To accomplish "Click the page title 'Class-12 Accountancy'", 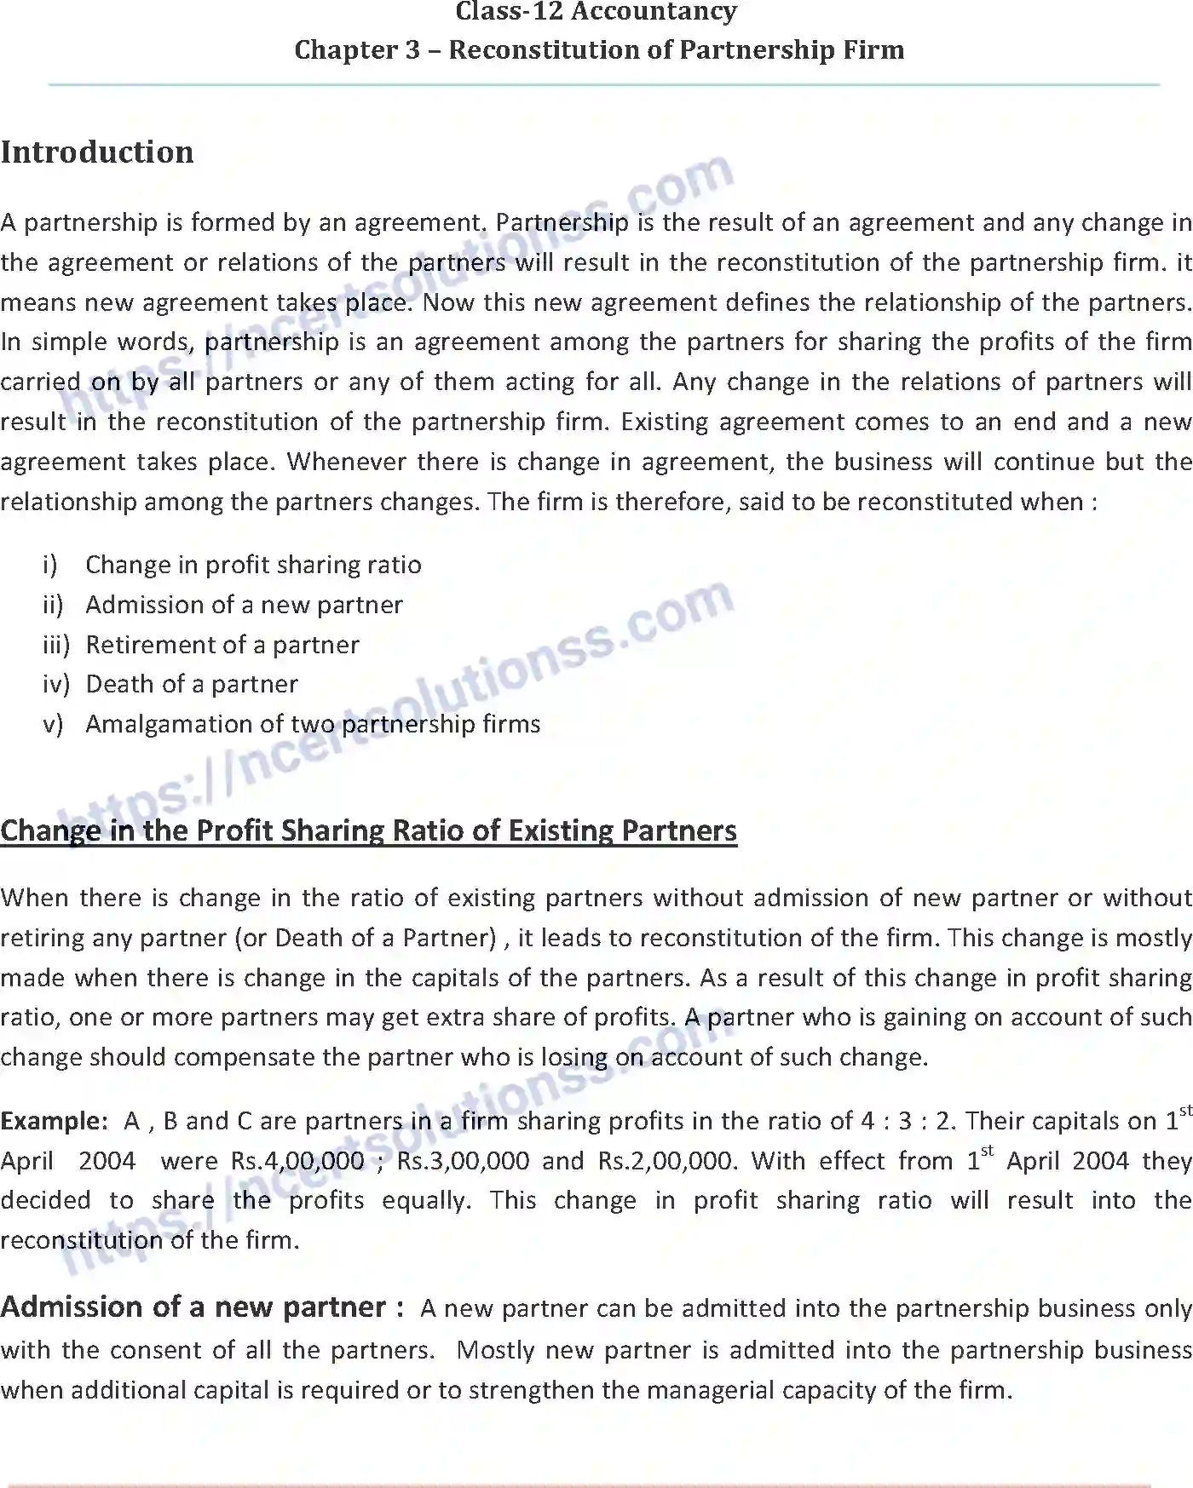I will pos(596,12).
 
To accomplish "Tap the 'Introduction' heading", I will pos(97,152).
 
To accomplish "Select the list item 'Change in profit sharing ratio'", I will pos(253,565).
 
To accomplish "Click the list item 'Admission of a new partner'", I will pos(244,605).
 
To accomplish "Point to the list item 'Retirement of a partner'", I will pos(222,645).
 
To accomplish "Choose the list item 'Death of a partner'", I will pos(192,684).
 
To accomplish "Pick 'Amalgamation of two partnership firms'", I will pos(313,724).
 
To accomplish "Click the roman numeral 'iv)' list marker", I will pos(55,684).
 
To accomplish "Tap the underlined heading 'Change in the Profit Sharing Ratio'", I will pos(368,830).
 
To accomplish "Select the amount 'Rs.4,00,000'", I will pos(297,1161).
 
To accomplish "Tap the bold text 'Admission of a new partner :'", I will pos(202,1307).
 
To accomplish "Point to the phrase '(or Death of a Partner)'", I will pos(366,938).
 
